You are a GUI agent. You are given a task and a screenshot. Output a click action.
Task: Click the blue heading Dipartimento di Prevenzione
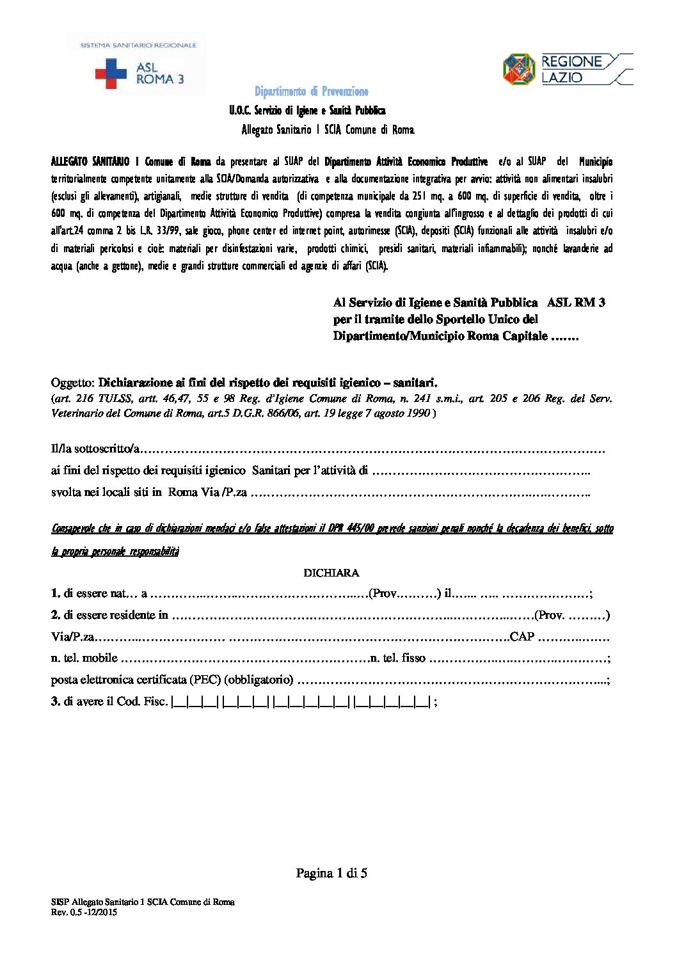[x=312, y=92]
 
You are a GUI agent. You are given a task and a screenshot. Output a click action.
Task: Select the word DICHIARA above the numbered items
[x=331, y=573]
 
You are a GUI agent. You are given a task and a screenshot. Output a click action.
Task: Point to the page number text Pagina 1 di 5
[x=331, y=873]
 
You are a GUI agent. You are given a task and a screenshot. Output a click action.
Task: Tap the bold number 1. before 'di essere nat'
[x=55, y=593]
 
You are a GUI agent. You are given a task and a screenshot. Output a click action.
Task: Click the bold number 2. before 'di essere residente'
[x=55, y=615]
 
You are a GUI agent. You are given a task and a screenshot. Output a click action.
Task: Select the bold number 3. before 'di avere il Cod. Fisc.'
[x=55, y=701]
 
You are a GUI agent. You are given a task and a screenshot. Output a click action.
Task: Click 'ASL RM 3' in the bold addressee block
[x=577, y=302]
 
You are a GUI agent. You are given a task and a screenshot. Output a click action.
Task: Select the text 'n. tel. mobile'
[x=84, y=658]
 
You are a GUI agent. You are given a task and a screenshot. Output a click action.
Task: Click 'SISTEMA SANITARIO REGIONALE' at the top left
[x=138, y=45]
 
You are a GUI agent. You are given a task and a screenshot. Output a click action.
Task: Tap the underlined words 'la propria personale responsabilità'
[x=115, y=551]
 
